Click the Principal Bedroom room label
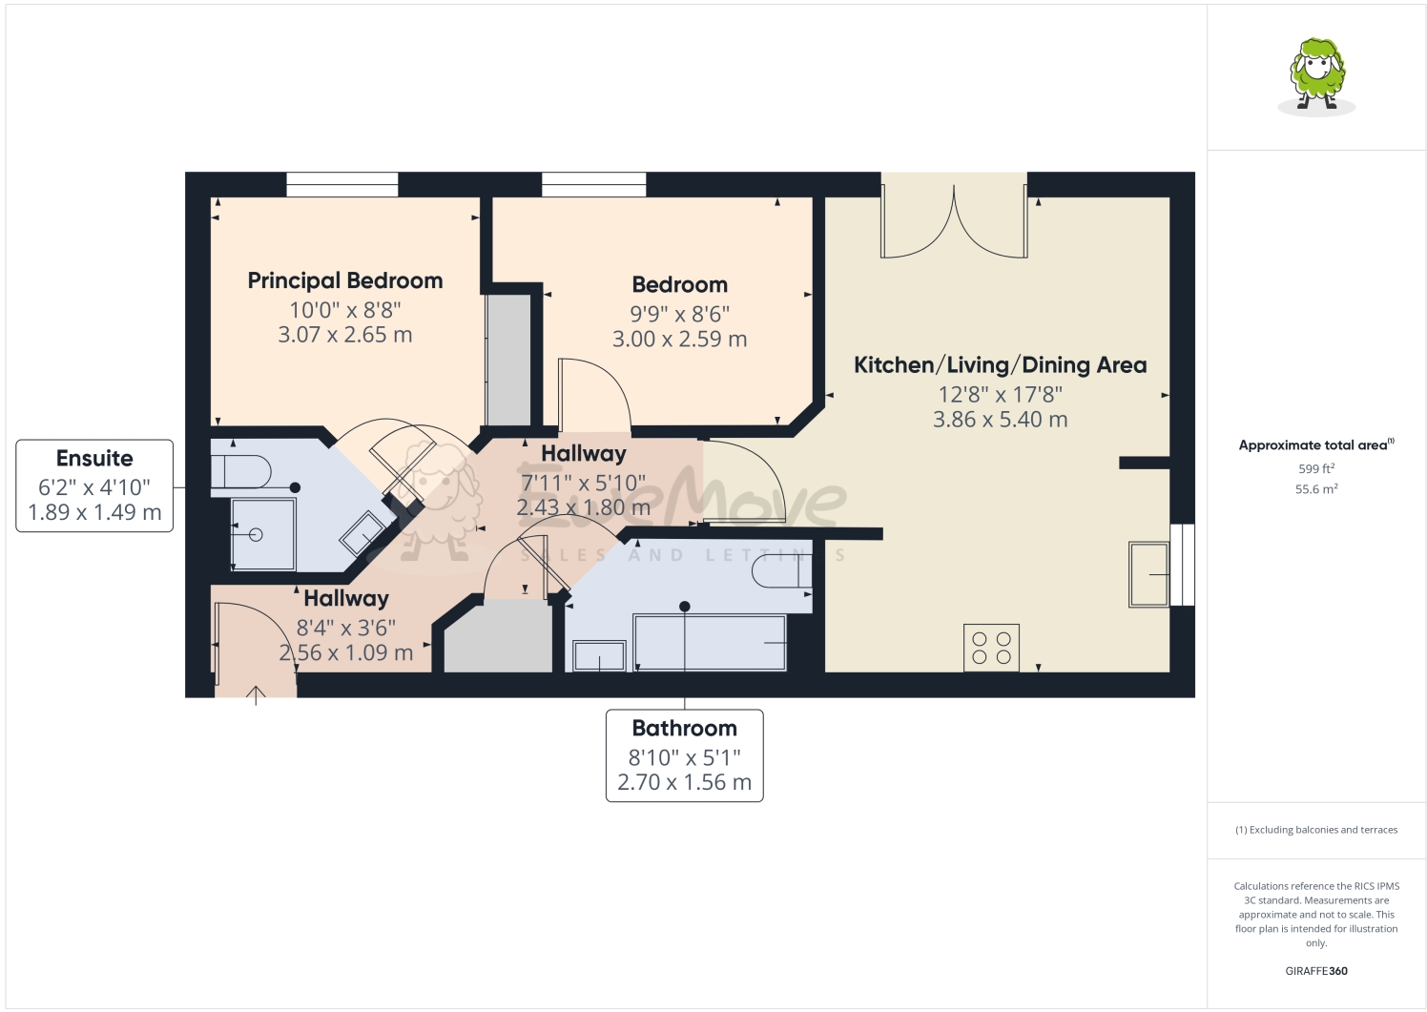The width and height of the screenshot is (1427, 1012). (x=345, y=280)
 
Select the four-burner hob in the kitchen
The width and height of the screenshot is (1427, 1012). (x=991, y=648)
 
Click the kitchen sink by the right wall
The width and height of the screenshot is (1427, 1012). (x=1148, y=574)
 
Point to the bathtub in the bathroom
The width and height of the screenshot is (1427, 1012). (x=710, y=643)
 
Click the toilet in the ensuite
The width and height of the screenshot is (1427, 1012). (x=242, y=471)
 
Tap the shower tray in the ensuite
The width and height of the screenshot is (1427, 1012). (x=263, y=534)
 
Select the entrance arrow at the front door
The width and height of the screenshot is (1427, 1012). (x=256, y=694)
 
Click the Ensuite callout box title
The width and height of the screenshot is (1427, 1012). (x=94, y=459)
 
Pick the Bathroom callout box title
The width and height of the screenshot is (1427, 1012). (x=684, y=729)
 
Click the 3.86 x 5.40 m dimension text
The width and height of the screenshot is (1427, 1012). (x=1000, y=420)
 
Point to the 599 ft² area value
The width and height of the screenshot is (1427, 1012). (x=1316, y=468)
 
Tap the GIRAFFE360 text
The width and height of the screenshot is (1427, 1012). (x=1316, y=971)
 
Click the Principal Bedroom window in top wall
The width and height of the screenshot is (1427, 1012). (x=342, y=184)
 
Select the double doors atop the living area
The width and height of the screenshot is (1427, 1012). (x=954, y=217)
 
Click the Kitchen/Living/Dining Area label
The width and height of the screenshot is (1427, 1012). (x=1000, y=365)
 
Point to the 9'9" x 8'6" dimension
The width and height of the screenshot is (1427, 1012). (x=679, y=314)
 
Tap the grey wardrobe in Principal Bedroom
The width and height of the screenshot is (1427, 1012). (x=508, y=359)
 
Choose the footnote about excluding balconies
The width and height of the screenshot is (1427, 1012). (x=1316, y=830)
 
